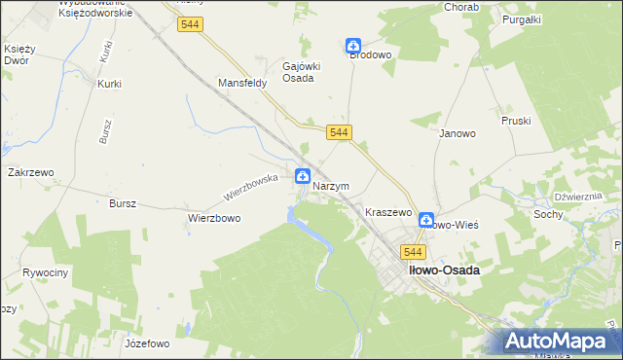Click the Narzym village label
[331, 186]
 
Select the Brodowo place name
[370, 55]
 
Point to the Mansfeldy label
[242, 84]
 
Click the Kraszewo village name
[388, 211]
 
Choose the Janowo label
[457, 133]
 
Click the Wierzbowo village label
[214, 219]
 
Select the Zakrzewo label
[30, 172]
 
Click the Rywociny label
[45, 272]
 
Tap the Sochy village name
[548, 213]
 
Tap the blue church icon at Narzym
[303, 177]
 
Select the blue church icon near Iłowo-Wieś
[425, 221]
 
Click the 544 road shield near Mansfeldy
[190, 25]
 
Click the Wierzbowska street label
[251, 182]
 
